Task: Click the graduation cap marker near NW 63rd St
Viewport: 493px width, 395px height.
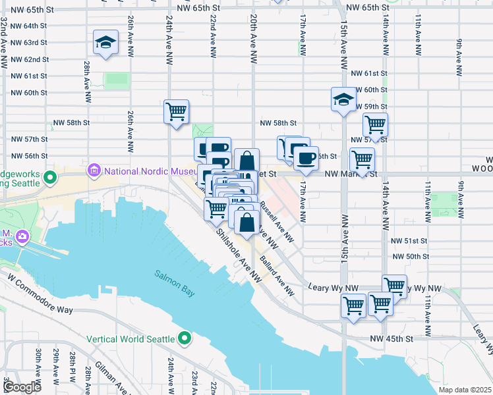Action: pos(105,42)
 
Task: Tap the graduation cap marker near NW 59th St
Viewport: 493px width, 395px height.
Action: pos(343,99)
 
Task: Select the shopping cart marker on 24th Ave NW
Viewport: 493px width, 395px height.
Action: pos(176,112)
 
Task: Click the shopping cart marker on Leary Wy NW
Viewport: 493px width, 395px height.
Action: pos(394,286)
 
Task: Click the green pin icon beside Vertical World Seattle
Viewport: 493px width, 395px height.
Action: pos(185,338)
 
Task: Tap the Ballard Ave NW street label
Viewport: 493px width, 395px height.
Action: pos(277,272)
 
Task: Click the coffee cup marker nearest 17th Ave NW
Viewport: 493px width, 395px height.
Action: pos(306,158)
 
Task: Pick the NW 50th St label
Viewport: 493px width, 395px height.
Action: pos(409,256)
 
